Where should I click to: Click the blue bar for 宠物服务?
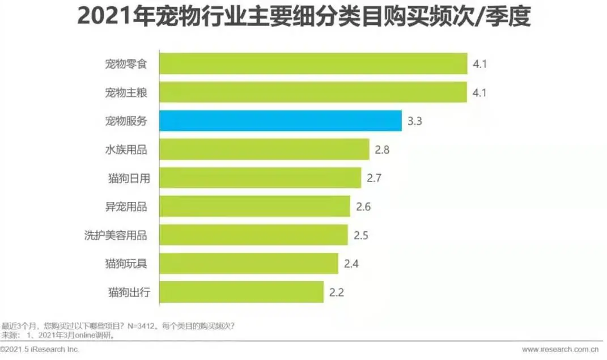pyautogui.click(x=281, y=121)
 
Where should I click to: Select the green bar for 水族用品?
pyautogui.click(x=264, y=150)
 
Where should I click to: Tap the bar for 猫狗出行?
pyautogui.click(x=241, y=292)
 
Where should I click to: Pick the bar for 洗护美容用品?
pyautogui.click(x=253, y=235)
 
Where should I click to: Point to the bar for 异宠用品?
pyautogui.click(x=254, y=206)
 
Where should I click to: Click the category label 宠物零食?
pyautogui.click(x=126, y=63)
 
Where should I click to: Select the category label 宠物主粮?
pyautogui.click(x=126, y=92)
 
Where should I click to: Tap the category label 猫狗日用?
pyautogui.click(x=126, y=178)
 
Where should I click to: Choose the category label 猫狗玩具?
pyautogui.click(x=126, y=263)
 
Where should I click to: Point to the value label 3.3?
pyautogui.click(x=415, y=121)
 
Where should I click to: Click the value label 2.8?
pyautogui.click(x=383, y=150)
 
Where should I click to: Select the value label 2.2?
pyautogui.click(x=337, y=293)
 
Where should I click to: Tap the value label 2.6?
pyautogui.click(x=363, y=207)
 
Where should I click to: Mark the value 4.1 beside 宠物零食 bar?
pyautogui.click(x=480, y=63)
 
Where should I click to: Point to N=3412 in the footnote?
pyautogui.click(x=140, y=326)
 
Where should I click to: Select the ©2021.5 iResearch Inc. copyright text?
pyautogui.click(x=40, y=349)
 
